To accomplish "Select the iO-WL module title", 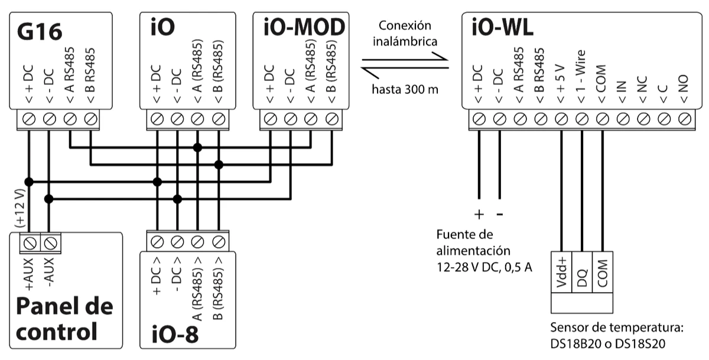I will (x=502, y=28).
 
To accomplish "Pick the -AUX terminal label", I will (x=50, y=273).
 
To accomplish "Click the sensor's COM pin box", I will (x=603, y=272).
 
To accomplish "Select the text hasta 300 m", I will (x=404, y=90).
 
